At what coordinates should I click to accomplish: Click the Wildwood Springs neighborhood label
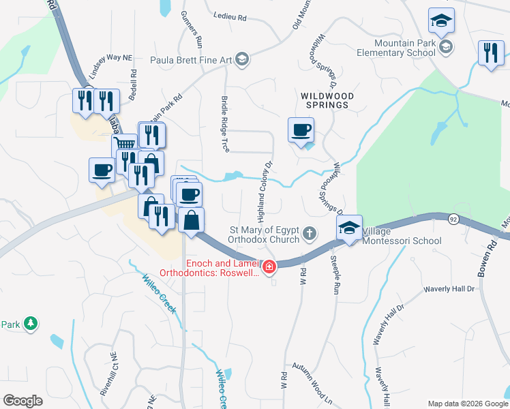[327, 102]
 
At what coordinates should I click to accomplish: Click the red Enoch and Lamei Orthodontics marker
[270, 267]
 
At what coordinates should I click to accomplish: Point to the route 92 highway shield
[453, 219]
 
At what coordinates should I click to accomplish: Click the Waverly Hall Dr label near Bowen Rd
[449, 289]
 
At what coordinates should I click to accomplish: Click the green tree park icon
[30, 323]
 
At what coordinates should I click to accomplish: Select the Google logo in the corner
[23, 401]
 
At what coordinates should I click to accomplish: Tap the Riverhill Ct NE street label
[113, 374]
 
